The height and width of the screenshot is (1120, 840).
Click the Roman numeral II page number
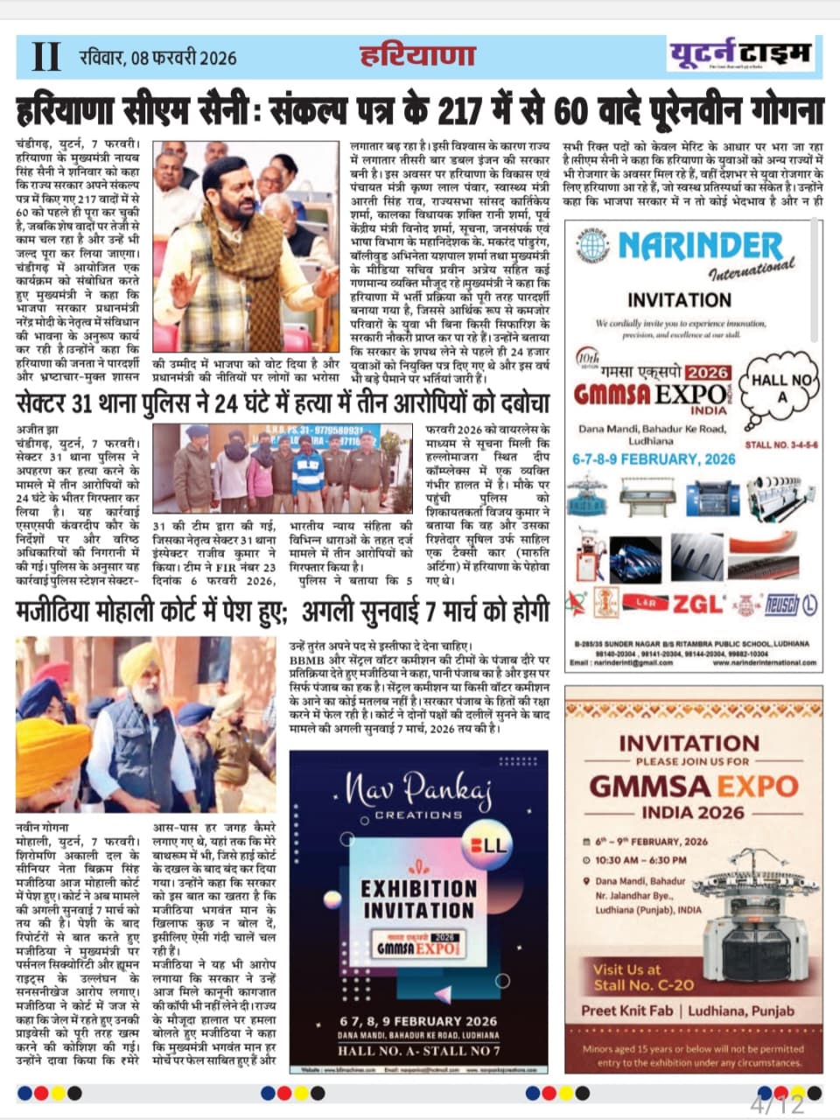point(45,57)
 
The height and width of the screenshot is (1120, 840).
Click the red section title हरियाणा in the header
point(417,56)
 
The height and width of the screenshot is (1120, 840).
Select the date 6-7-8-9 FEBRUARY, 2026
point(654,458)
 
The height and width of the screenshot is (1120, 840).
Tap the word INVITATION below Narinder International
point(679,299)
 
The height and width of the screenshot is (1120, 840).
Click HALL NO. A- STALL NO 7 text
point(419,1050)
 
